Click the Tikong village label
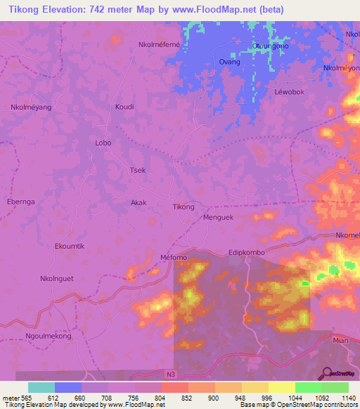click(x=184, y=207)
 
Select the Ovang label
click(x=230, y=62)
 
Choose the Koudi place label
click(x=124, y=107)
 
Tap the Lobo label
click(x=103, y=143)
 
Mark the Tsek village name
click(x=138, y=170)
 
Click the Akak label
click(x=139, y=202)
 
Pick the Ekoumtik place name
click(x=70, y=246)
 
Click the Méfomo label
click(x=174, y=257)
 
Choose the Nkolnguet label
click(x=57, y=278)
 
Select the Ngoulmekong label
click(x=49, y=337)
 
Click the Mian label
click(x=341, y=339)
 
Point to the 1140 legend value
click(x=347, y=398)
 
